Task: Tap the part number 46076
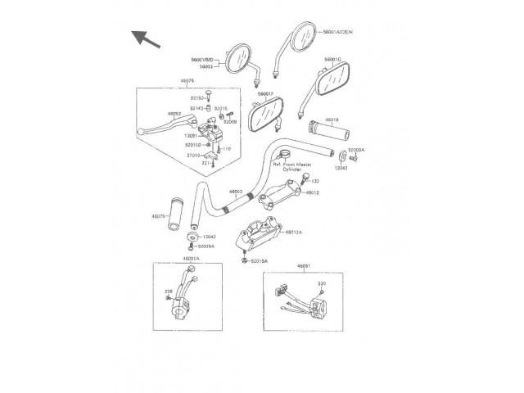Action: pyautogui.click(x=187, y=81)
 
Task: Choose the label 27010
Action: pyautogui.click(x=193, y=155)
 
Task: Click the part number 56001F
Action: pyautogui.click(x=265, y=93)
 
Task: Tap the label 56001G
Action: pyautogui.click(x=332, y=60)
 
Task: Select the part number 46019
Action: pyautogui.click(x=332, y=120)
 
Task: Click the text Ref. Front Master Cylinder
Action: pyautogui.click(x=297, y=167)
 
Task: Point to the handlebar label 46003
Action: pyautogui.click(x=236, y=192)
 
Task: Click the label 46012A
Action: pyautogui.click(x=295, y=233)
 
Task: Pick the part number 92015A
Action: pyautogui.click(x=260, y=261)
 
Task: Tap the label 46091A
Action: pyautogui.click(x=191, y=258)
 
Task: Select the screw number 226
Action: pyautogui.click(x=169, y=291)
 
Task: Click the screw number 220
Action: pyautogui.click(x=322, y=283)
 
